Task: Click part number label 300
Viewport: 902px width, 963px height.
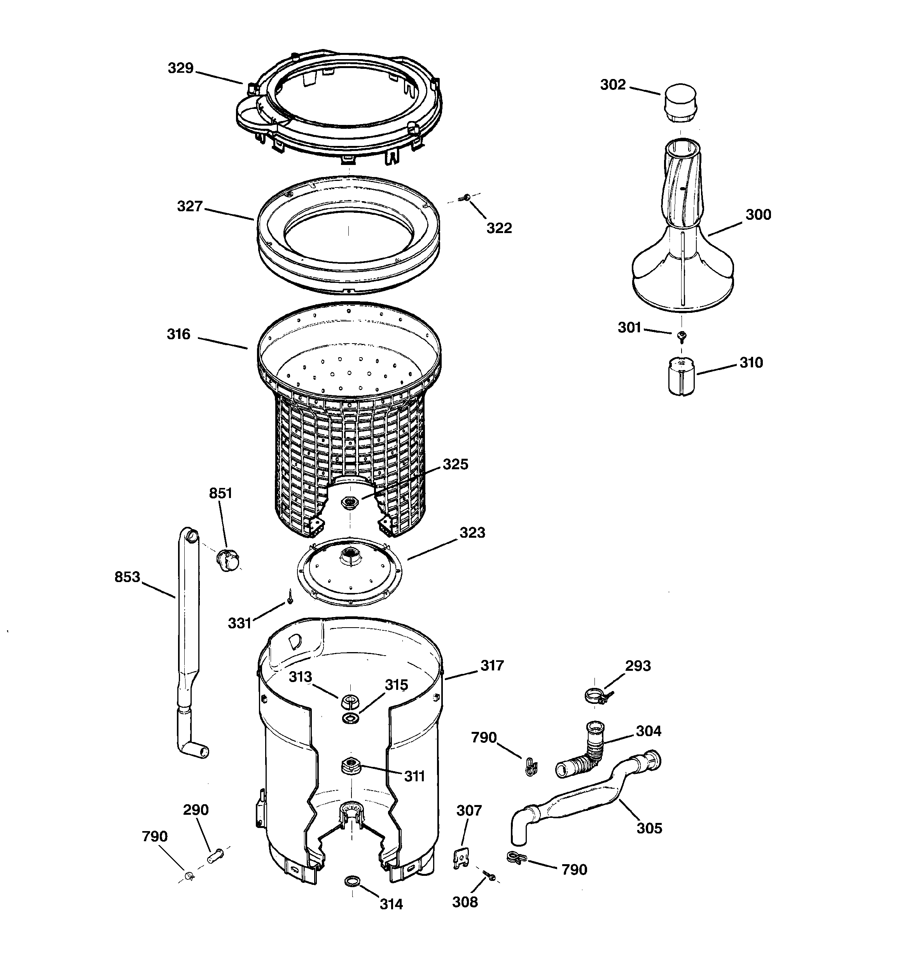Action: (x=758, y=215)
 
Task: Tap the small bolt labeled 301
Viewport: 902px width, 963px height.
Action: (x=682, y=335)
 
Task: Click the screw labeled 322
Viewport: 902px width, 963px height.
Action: (x=467, y=197)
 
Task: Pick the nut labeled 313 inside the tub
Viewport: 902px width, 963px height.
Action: (x=349, y=700)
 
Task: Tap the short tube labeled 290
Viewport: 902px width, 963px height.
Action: (x=215, y=856)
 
